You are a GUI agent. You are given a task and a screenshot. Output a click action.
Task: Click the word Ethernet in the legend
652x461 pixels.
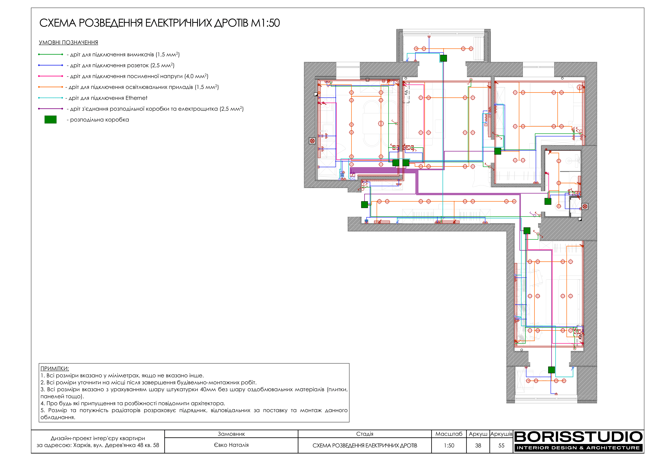(x=136, y=98)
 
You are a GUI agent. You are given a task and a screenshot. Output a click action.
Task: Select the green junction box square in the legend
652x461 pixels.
(x=50, y=120)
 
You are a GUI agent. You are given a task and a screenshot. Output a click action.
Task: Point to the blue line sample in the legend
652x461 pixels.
(x=50, y=65)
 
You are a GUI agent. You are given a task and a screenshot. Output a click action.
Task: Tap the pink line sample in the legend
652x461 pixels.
(x=50, y=76)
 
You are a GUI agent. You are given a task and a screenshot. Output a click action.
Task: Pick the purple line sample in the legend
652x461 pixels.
(x=50, y=109)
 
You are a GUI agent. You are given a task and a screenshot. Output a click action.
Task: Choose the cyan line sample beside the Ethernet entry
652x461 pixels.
(x=50, y=98)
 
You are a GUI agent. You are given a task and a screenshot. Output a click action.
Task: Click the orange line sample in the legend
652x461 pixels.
(x=50, y=87)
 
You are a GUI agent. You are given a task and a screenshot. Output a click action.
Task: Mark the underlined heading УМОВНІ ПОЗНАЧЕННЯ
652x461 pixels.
(x=68, y=43)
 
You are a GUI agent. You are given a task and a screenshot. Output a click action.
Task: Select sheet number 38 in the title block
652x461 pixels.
(x=478, y=445)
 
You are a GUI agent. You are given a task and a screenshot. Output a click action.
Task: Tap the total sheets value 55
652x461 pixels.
(x=501, y=445)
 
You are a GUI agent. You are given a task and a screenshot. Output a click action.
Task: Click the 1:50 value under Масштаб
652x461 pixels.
(x=449, y=445)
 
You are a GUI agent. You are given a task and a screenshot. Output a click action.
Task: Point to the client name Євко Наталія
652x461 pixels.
(x=231, y=445)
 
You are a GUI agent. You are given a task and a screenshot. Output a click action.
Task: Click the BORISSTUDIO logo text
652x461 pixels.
(x=578, y=437)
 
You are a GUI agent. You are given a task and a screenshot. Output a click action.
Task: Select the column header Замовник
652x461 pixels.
(x=231, y=434)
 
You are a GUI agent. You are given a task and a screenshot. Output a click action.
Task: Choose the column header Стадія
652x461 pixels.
(x=365, y=434)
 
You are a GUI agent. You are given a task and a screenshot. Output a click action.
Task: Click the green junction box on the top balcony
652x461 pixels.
(x=443, y=58)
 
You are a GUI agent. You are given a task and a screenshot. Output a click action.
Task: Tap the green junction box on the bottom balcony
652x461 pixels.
(x=551, y=370)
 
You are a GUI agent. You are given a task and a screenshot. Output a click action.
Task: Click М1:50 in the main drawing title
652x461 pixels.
(x=265, y=23)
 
